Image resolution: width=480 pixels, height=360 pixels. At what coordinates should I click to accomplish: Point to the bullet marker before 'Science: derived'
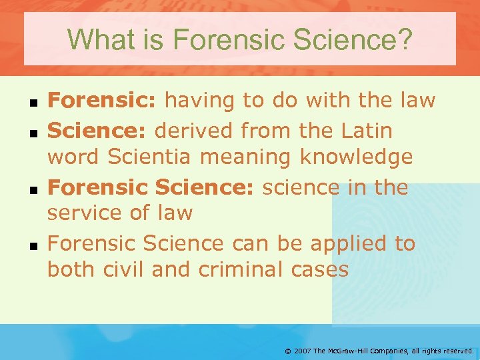pos(33,133)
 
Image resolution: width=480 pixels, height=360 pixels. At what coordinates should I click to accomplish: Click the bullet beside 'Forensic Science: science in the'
pos(33,189)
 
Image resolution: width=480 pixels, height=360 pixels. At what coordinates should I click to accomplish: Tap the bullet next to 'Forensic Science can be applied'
pos(33,245)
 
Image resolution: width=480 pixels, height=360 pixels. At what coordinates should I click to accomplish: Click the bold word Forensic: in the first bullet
pos(102,101)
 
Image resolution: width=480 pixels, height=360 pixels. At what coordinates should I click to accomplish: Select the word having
pos(199,101)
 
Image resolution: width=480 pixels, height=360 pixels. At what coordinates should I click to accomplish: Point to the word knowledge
pos(356,158)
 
